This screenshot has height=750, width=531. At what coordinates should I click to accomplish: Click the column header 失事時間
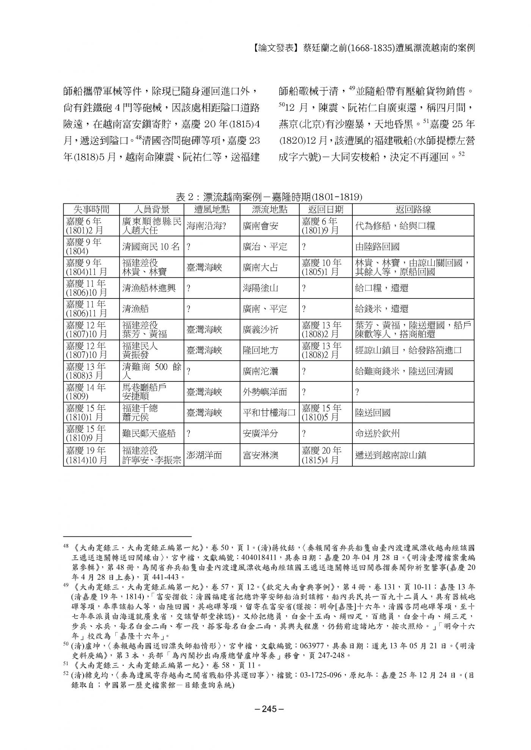coord(91,209)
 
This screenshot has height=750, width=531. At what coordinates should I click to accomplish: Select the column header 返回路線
coord(413,209)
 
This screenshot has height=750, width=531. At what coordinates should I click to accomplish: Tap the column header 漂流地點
coord(269,209)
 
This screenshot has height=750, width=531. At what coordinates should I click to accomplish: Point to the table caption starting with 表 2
coord(269,197)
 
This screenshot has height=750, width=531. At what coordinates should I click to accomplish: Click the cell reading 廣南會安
coord(261,226)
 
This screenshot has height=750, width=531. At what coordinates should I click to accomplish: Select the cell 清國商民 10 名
coord(151,247)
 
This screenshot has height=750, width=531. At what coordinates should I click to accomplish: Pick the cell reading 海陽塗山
coord(261,288)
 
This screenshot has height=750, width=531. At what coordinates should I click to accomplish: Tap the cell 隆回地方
coord(261,350)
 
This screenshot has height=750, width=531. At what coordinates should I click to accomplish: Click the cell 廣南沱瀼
coord(261,371)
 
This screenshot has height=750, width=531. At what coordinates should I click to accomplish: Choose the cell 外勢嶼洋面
coord(265,392)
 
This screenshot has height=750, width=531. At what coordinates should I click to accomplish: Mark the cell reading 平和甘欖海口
coord(269,412)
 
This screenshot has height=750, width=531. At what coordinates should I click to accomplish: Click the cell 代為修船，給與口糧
coord(395,226)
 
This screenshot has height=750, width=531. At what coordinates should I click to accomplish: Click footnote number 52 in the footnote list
coord(66,675)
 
